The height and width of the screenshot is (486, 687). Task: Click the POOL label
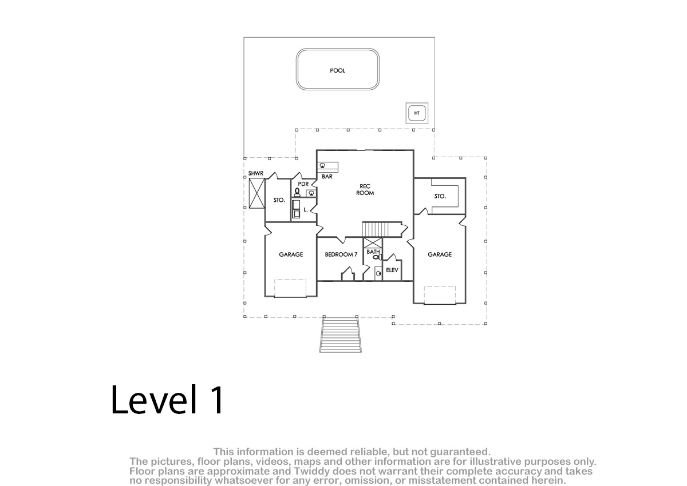click(337, 70)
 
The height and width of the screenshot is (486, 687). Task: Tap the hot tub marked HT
click(417, 113)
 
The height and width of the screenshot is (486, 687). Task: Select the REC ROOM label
click(365, 190)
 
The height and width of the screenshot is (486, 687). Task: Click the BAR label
click(327, 177)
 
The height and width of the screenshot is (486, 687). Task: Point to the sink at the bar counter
click(322, 166)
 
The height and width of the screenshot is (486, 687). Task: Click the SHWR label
click(255, 173)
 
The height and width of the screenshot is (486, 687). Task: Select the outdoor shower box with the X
click(256, 194)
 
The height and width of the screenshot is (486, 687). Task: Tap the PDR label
click(303, 184)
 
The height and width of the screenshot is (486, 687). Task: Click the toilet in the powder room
click(297, 192)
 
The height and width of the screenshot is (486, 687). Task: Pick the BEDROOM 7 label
click(341, 254)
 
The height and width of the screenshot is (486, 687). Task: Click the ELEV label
click(392, 270)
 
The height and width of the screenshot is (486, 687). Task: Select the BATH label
click(373, 252)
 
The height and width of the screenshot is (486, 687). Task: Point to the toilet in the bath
click(377, 257)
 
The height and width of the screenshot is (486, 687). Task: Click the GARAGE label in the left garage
click(291, 254)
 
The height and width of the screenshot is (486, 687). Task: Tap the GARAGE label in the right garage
click(440, 254)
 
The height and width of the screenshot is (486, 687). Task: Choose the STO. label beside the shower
click(279, 200)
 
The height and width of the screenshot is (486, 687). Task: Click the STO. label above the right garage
click(440, 196)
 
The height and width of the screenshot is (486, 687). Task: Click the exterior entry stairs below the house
click(341, 334)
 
